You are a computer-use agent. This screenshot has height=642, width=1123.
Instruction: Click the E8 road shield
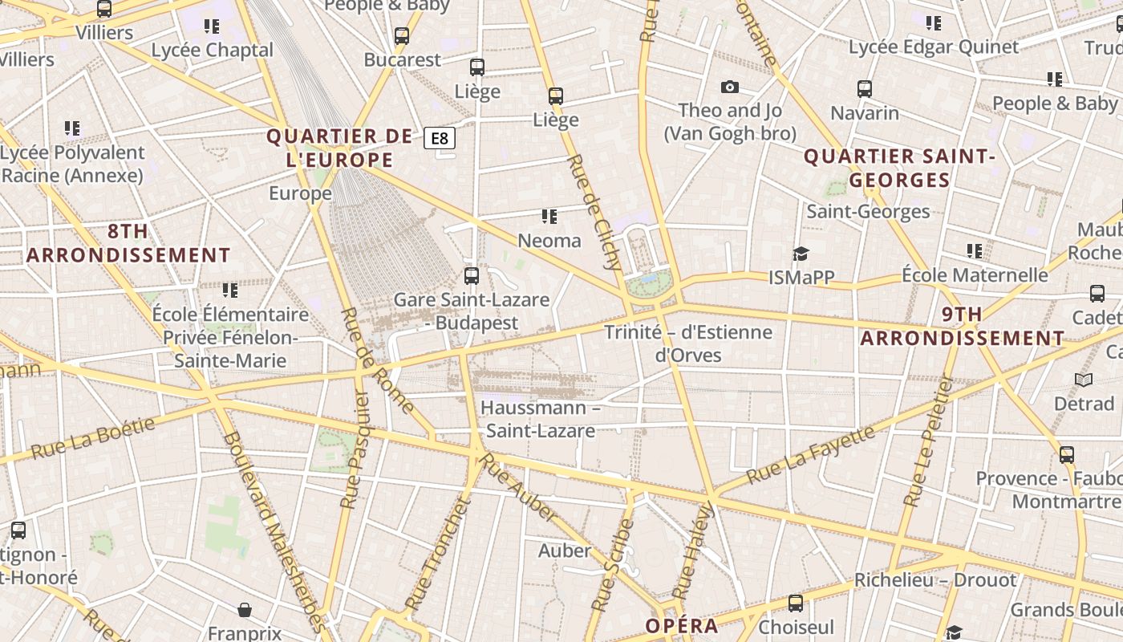[440, 138]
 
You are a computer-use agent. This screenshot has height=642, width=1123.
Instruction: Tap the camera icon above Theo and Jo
[729, 87]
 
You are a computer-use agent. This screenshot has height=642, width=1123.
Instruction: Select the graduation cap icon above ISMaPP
[801, 254]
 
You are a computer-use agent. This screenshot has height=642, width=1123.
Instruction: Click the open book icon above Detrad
[1084, 380]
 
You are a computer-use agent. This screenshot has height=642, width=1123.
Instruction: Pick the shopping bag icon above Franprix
[245, 611]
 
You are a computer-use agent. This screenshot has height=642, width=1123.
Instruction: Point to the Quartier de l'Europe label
[339, 148]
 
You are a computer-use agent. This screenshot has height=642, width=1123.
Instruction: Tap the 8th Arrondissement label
[128, 243]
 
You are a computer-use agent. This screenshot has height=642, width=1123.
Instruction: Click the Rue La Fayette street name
[810, 455]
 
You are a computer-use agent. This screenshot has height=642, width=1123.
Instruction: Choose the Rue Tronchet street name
[436, 553]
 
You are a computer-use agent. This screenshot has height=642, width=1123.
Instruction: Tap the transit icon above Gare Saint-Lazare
[472, 276]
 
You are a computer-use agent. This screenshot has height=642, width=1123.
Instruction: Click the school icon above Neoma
[549, 217]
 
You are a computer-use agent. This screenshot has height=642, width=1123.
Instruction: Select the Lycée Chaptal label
[213, 50]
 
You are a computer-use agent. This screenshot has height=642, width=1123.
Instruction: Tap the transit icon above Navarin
[865, 89]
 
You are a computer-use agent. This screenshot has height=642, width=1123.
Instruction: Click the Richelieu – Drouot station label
[935, 579]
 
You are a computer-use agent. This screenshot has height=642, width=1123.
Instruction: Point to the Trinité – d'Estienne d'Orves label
[688, 343]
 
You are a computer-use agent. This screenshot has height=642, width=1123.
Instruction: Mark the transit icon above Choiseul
[796, 603]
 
